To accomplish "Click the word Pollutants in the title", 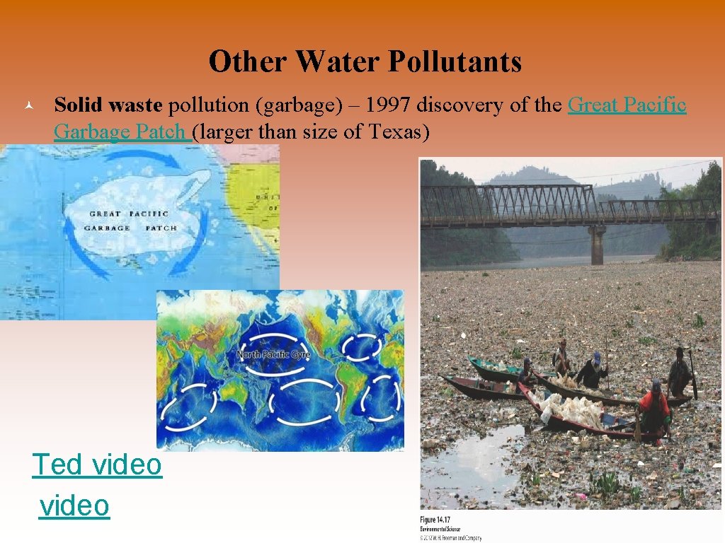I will click(x=457, y=62).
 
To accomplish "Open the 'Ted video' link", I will click(x=97, y=465).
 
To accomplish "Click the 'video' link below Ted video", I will click(x=74, y=506).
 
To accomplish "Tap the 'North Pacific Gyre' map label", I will click(x=273, y=354).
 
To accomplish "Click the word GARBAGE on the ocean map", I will click(x=107, y=228).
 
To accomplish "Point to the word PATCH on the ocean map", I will click(x=161, y=228).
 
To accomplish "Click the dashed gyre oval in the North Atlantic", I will click(x=362, y=346).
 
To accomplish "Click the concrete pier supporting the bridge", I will click(x=597, y=245).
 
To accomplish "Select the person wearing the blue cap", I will click(x=593, y=368).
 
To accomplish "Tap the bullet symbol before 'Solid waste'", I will click(x=25, y=106).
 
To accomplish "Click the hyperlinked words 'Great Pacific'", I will click(x=627, y=105).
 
